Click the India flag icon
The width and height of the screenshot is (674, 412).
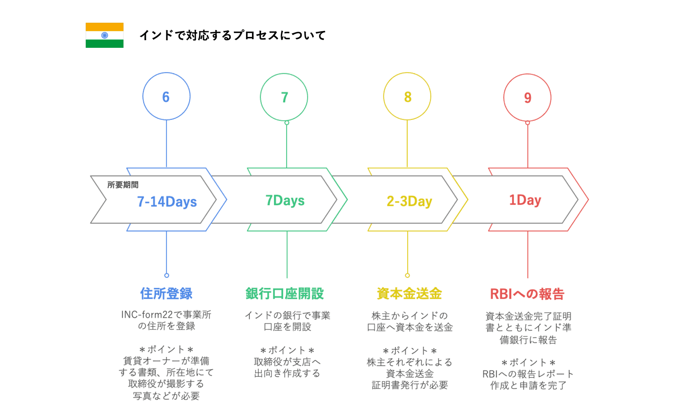pos(105,35)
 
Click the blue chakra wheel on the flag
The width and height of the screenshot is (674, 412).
pos(105,35)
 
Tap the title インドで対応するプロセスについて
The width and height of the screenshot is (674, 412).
pos(233,35)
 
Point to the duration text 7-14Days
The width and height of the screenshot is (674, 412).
pos(167,202)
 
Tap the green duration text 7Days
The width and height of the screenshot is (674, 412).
pos(285,200)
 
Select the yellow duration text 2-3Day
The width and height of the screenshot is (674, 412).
pos(409,201)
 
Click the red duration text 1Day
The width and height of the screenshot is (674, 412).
pos(525,200)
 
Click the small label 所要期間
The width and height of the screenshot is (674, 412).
pos(123,185)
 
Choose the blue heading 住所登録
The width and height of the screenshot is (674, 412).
pos(166,294)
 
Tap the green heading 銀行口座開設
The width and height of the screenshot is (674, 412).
pos(285,294)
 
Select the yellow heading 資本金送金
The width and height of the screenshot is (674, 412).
pos(409,294)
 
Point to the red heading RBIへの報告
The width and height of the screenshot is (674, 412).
pos(527,294)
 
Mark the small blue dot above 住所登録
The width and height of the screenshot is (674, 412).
pos(167,276)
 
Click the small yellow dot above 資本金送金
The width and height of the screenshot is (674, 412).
pos(408,276)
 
